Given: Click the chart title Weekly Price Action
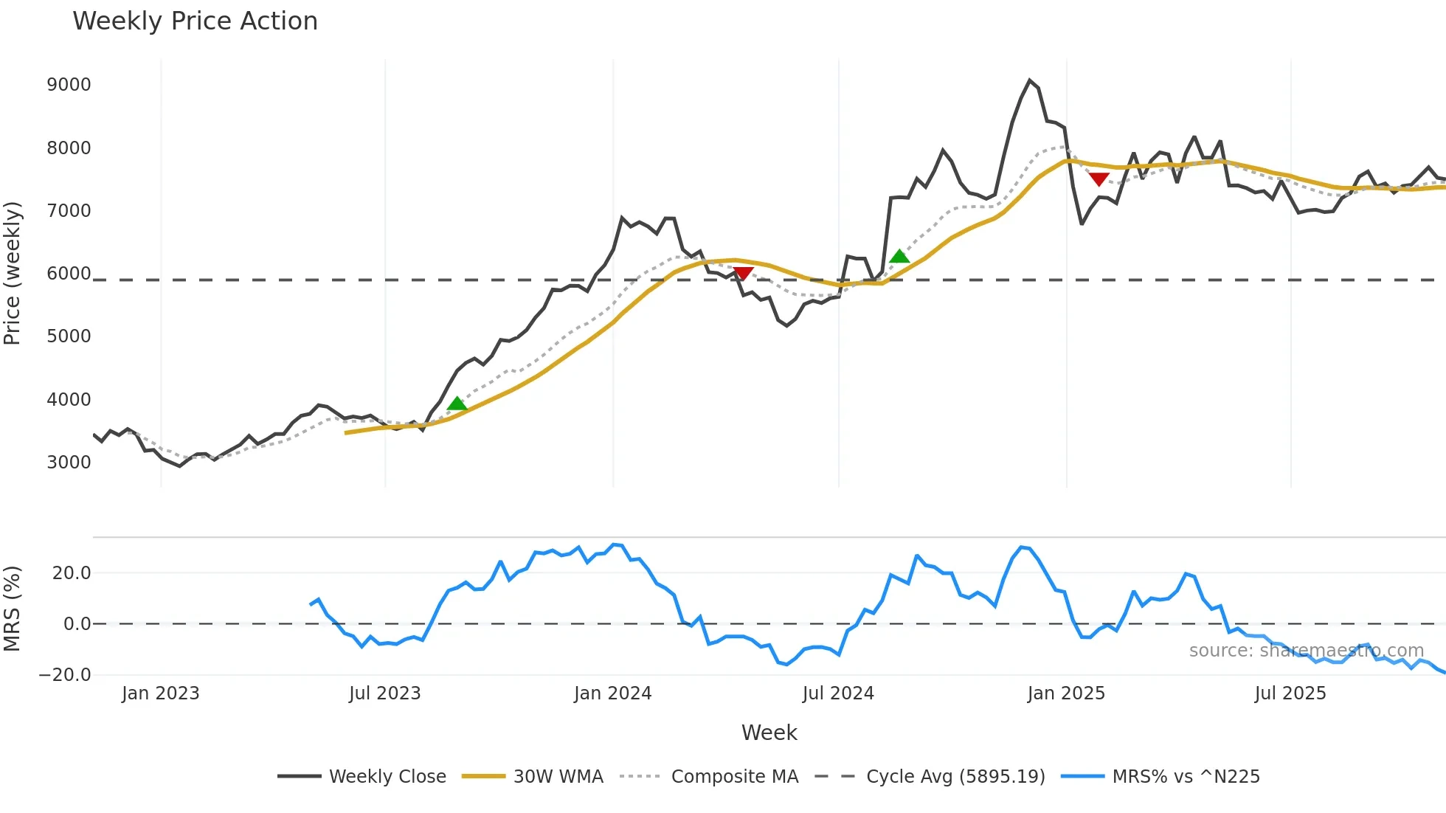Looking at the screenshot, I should click(195, 21).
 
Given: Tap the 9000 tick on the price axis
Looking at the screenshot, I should click(69, 85).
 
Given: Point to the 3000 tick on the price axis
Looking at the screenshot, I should click(69, 463).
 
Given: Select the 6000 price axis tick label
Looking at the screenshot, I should click(69, 274).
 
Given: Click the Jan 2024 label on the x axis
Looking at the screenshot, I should click(612, 693).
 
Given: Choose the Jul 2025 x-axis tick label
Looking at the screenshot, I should click(1290, 693).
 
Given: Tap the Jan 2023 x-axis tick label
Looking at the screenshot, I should click(160, 693).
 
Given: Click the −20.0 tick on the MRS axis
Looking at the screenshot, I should click(65, 675).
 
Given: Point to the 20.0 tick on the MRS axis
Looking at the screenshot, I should click(72, 573).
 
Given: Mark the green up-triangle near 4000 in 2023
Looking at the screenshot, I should click(457, 404).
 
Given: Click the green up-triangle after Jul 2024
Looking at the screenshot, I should click(899, 256).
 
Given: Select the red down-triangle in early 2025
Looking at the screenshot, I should click(1099, 179).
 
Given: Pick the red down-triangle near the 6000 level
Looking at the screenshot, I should click(743, 274).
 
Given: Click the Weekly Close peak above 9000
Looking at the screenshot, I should click(1029, 80).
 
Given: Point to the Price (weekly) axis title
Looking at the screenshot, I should click(13, 273).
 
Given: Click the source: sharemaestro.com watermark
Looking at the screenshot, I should click(1306, 651).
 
